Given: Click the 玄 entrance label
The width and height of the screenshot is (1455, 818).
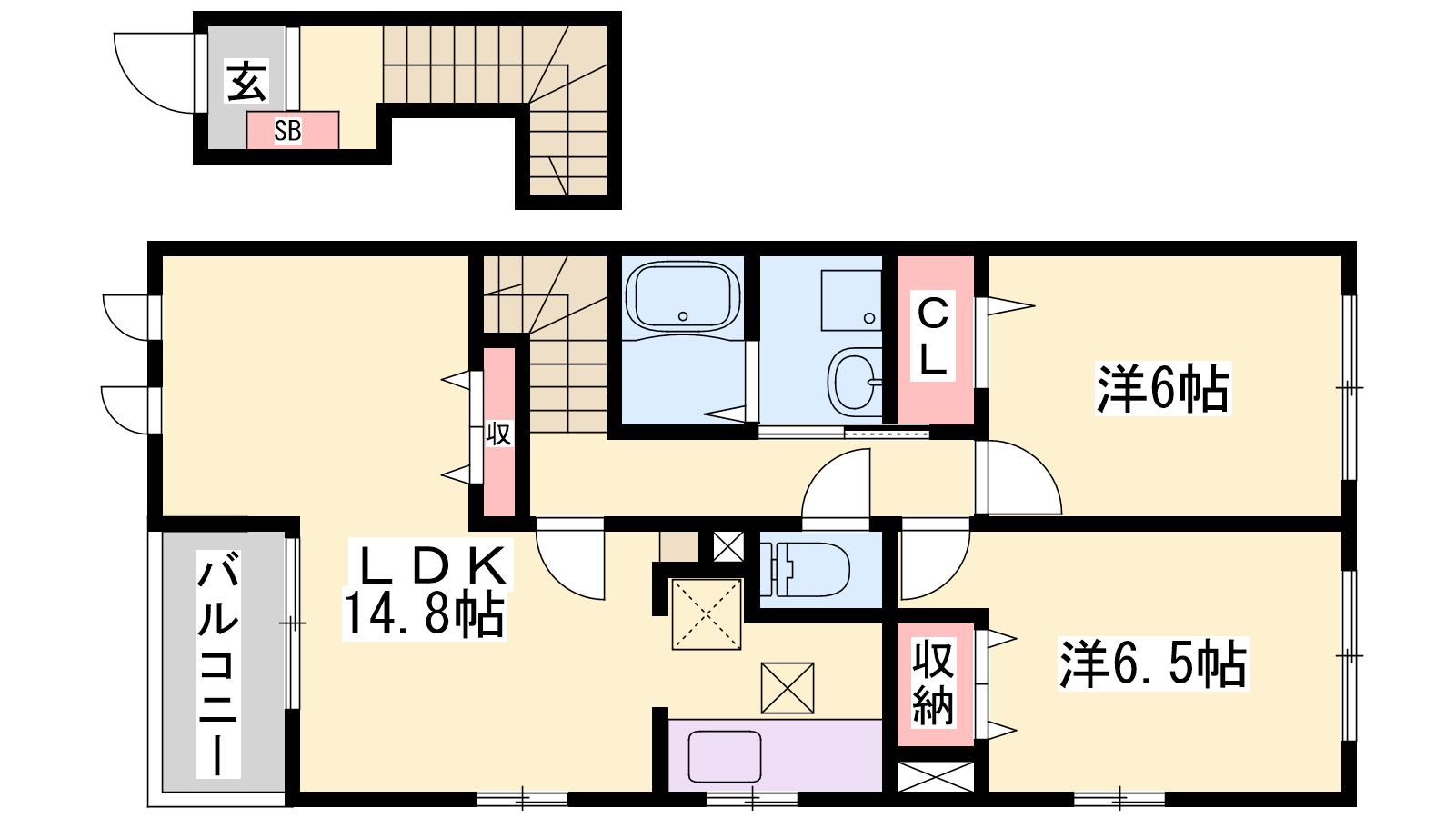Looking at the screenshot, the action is (x=246, y=81).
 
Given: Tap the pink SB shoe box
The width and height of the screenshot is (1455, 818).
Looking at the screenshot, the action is (x=292, y=131).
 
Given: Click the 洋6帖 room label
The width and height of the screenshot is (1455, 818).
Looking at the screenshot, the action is (x=1163, y=388).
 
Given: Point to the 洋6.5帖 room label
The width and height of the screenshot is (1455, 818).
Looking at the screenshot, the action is (x=1153, y=663).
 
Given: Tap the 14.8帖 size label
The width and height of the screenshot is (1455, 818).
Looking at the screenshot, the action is (x=424, y=614).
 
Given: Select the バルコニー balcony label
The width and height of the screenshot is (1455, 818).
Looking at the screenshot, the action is (x=218, y=663).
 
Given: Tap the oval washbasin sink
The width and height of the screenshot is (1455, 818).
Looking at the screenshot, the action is (x=855, y=382).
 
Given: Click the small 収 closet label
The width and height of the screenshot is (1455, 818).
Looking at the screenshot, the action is (x=498, y=434).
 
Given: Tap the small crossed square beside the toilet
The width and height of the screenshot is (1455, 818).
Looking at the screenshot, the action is (x=728, y=546).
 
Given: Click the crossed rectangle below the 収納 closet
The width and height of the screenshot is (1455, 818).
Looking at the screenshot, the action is (x=936, y=776).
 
